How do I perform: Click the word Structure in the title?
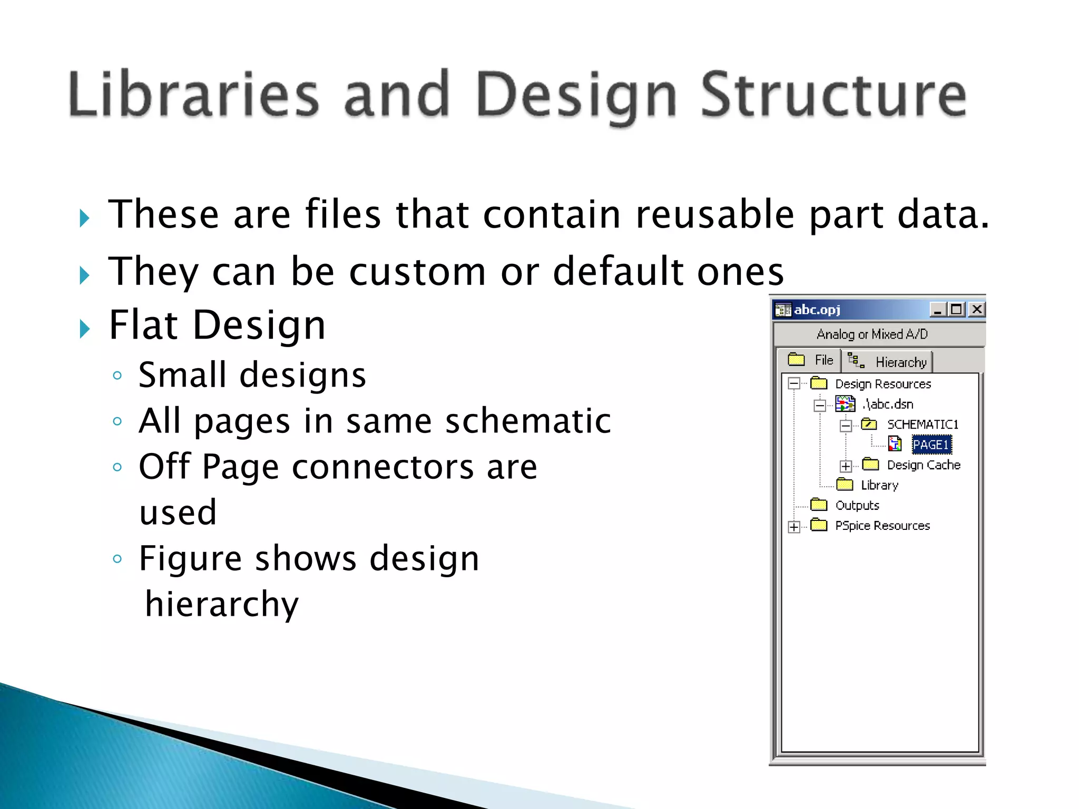tap(833, 95)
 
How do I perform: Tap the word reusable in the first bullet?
tap(714, 215)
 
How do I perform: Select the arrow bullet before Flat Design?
tap(84, 329)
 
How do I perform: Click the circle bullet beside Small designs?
tap(117, 376)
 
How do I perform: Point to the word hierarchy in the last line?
tap(222, 604)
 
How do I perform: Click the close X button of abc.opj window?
tap(976, 309)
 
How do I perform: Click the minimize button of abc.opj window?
tap(937, 309)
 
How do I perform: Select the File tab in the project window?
tap(811, 360)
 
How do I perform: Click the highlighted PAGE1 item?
tap(931, 445)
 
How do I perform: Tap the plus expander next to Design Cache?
tap(846, 466)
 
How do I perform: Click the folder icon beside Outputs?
tap(819, 505)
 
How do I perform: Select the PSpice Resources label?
tap(882, 526)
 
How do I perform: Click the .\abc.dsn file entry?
tap(888, 404)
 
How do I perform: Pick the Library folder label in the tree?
tap(879, 485)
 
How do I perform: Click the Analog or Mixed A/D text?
tap(872, 334)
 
